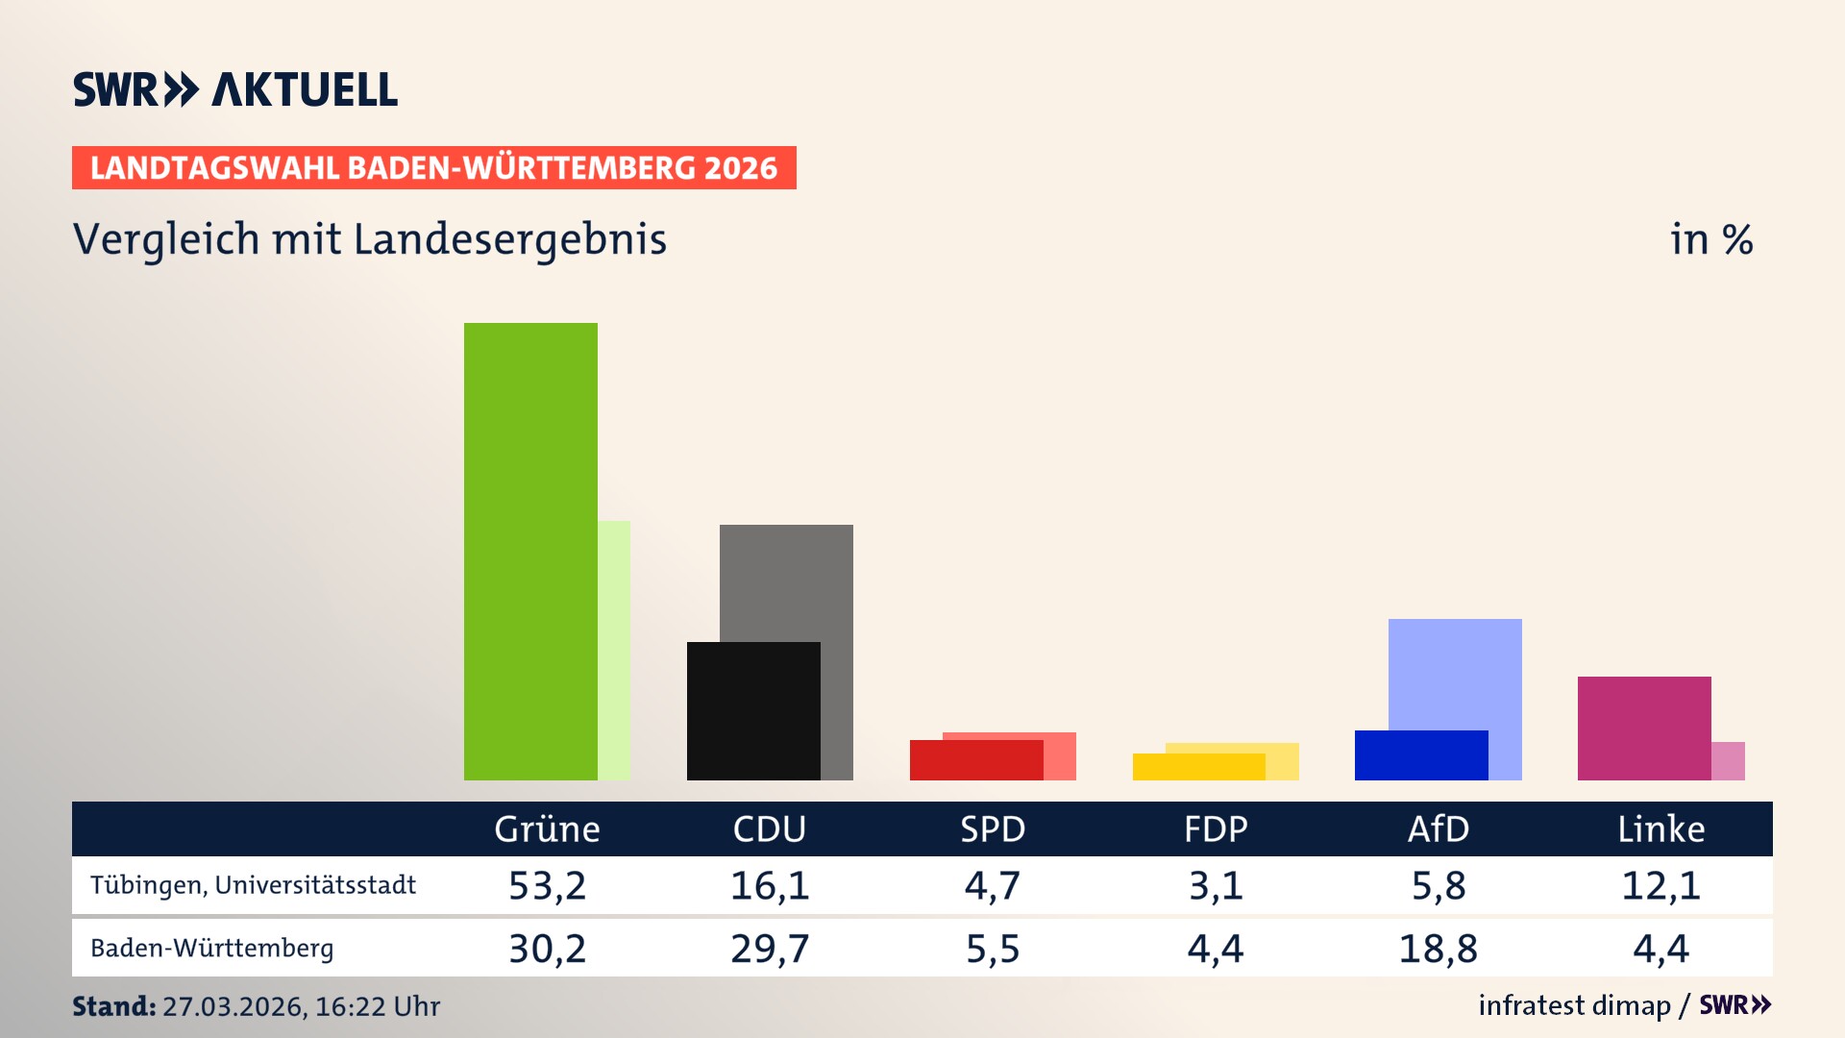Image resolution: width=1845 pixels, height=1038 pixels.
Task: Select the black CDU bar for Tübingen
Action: click(x=753, y=710)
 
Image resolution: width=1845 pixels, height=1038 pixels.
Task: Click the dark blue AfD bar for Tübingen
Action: click(x=1421, y=755)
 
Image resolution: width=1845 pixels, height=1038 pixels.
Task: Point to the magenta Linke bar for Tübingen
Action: click(x=1644, y=728)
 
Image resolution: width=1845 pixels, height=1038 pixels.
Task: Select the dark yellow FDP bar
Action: click(x=1198, y=767)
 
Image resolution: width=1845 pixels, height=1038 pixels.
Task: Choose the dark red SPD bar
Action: click(x=975, y=760)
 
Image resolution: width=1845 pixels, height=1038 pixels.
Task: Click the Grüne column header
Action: click(x=547, y=829)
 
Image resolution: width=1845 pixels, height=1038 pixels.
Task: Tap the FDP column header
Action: click(x=1216, y=829)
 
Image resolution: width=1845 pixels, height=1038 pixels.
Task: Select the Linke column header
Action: click(x=1660, y=829)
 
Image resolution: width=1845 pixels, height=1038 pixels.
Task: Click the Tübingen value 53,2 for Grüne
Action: click(x=547, y=885)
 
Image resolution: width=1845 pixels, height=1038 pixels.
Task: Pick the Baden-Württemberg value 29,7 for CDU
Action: click(x=770, y=949)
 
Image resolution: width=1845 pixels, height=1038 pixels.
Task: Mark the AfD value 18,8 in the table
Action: click(x=1438, y=949)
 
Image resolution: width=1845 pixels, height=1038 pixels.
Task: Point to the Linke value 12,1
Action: click(x=1660, y=885)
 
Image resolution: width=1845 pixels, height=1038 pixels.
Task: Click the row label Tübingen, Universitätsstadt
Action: click(x=253, y=885)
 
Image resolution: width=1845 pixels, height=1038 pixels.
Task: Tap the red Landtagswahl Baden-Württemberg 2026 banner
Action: click(x=433, y=168)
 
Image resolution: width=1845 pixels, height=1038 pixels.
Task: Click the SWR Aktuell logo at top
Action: click(x=235, y=89)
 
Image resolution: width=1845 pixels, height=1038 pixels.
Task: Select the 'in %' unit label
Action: click(x=1711, y=239)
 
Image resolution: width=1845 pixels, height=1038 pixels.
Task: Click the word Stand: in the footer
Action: click(x=113, y=1006)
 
